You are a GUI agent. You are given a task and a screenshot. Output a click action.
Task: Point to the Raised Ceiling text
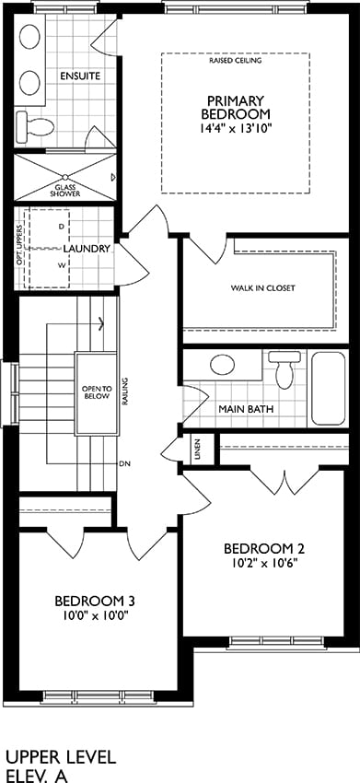tap(236, 61)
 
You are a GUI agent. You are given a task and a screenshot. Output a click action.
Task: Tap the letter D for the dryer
tap(62, 227)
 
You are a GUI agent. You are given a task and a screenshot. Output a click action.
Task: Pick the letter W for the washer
tap(62, 265)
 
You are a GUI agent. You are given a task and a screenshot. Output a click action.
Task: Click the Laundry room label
tap(87, 248)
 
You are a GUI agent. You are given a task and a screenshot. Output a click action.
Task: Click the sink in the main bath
tap(222, 365)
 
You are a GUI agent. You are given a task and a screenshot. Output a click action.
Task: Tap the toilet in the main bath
tap(285, 368)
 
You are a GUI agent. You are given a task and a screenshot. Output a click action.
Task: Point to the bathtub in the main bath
tap(328, 388)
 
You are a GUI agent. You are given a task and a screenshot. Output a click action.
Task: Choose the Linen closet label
tap(198, 448)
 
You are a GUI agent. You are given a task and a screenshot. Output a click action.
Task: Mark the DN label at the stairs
tap(125, 463)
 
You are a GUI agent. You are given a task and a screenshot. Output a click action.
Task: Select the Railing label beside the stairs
tap(124, 393)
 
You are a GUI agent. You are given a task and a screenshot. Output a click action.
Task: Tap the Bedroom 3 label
tap(96, 601)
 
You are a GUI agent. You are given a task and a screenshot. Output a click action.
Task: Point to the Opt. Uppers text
tap(19, 240)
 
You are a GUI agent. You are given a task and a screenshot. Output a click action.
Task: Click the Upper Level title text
tap(61, 757)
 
